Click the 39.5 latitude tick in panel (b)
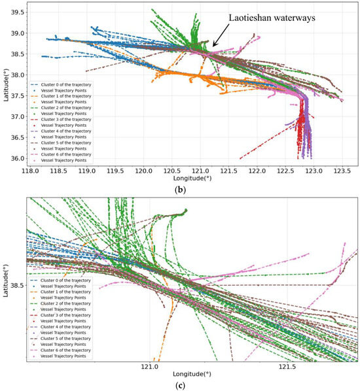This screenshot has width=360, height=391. (x=16, y=12)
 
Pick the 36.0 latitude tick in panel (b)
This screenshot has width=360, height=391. (x=16, y=158)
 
